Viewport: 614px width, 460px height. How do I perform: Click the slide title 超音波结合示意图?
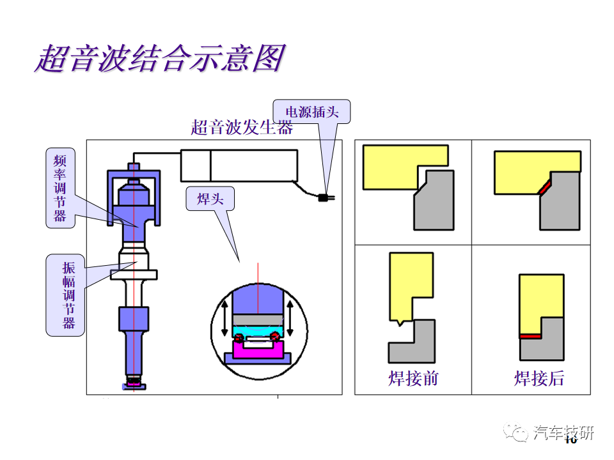[x=161, y=59]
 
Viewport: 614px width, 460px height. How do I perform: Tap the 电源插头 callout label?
[x=311, y=112]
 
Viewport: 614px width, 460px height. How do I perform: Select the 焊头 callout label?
[x=210, y=199]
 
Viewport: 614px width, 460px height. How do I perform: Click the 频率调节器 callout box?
[x=60, y=188]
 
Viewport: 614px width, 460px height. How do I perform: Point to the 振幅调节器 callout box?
[x=65, y=295]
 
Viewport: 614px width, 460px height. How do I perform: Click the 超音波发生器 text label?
[x=242, y=128]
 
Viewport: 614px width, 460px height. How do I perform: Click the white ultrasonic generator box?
[x=239, y=165]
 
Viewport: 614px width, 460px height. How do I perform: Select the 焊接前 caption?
[x=413, y=379]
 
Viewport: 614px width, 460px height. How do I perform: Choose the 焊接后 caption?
[x=539, y=379]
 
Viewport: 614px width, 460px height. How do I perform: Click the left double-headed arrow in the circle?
[x=224, y=318]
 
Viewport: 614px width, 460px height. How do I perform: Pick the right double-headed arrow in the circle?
[x=290, y=318]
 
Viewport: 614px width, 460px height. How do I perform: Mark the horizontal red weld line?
[x=531, y=336]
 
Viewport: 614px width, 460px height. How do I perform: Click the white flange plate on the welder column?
[x=134, y=275]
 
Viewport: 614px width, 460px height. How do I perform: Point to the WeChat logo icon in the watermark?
[x=516, y=433]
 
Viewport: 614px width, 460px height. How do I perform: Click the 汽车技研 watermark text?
[x=563, y=433]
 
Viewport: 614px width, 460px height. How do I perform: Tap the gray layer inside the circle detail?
[x=258, y=319]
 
